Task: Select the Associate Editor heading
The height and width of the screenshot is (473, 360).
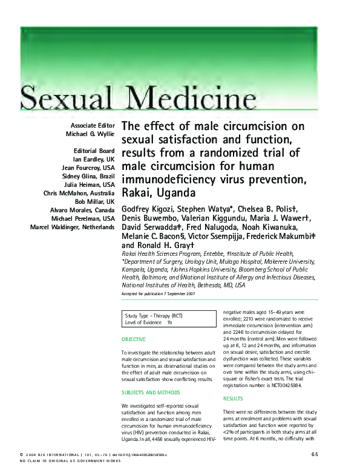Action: [93, 126]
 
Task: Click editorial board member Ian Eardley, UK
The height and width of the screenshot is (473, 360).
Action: [94, 160]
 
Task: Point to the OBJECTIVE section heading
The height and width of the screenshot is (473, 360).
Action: [134, 340]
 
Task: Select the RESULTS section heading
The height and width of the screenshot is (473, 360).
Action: [234, 399]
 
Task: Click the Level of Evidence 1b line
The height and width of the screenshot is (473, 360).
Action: [149, 323]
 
